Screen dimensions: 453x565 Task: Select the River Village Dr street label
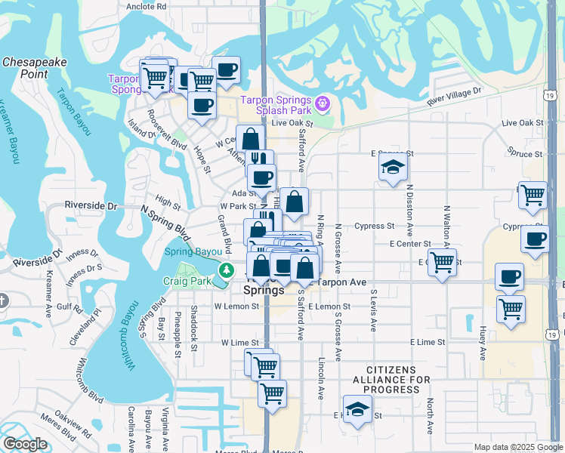[453, 96]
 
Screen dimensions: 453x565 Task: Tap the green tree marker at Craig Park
[224, 270]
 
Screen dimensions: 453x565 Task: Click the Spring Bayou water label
[193, 251]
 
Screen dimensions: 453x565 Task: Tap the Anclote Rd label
[146, 6]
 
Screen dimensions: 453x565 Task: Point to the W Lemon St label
[236, 307]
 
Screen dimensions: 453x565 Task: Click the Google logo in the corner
[24, 444]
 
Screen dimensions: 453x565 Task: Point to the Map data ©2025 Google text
[518, 447]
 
